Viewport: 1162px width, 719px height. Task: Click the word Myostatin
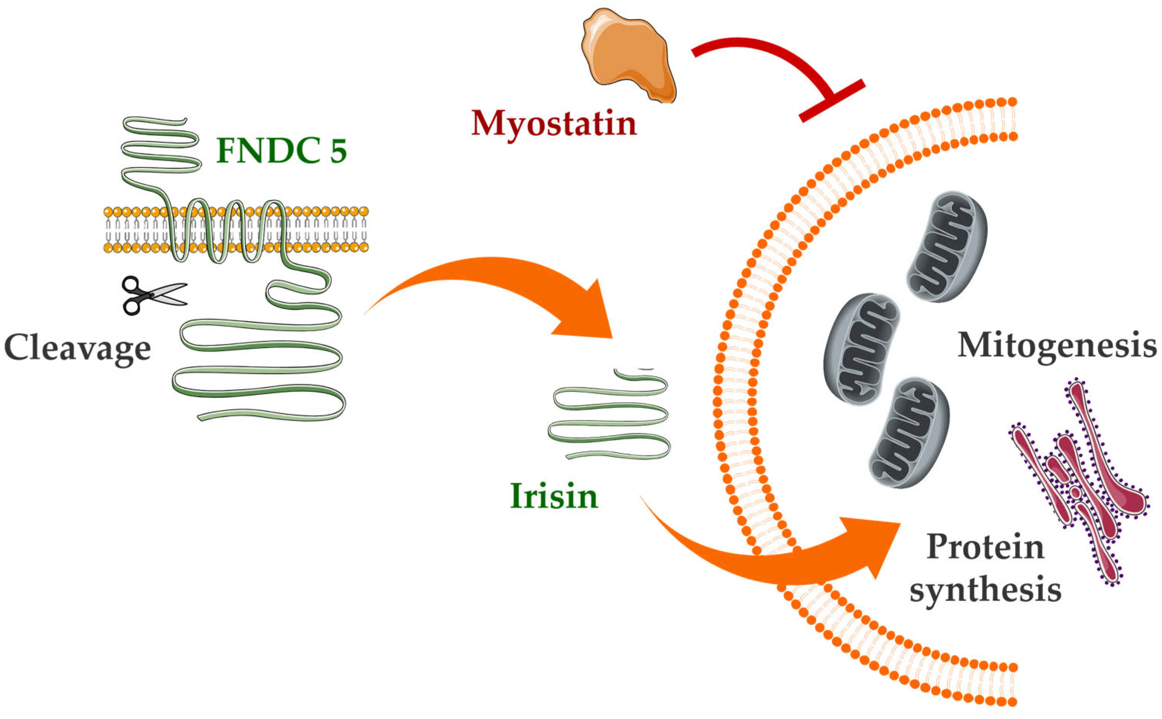point(554,124)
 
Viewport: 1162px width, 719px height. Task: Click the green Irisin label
point(554,496)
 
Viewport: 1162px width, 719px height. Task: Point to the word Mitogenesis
point(1056,345)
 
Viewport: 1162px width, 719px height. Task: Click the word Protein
point(985,547)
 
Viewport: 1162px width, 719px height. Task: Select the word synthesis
point(985,590)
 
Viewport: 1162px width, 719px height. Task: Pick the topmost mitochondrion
point(946,247)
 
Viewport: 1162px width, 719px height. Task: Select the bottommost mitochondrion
point(908,433)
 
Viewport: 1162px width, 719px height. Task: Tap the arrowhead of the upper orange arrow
point(587,314)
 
